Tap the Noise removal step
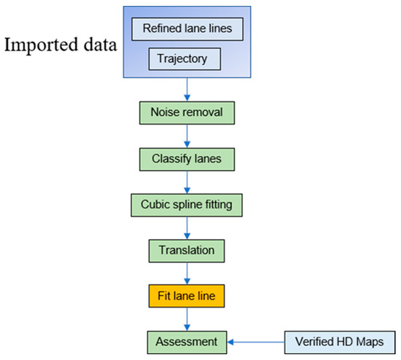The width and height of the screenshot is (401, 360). point(188,114)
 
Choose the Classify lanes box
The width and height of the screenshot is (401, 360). point(188,159)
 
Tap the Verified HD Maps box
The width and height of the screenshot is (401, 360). point(338,341)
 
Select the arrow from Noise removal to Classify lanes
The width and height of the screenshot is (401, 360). point(188,136)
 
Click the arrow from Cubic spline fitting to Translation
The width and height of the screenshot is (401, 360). point(188,227)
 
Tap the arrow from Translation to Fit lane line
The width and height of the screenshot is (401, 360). point(188,273)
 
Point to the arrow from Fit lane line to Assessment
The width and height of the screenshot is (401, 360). point(188,318)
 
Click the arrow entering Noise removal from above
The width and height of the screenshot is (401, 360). point(188,91)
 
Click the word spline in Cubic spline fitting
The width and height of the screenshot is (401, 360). point(189,205)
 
